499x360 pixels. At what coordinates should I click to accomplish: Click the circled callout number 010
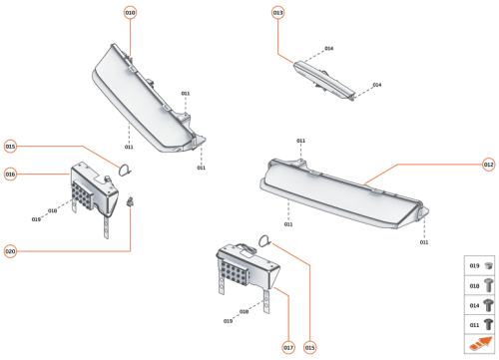[131, 12]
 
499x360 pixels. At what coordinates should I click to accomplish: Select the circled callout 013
[277, 12]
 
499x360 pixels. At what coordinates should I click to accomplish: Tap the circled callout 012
[488, 164]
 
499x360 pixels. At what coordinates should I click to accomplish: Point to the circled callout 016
[10, 174]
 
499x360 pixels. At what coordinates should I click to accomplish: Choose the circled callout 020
[10, 250]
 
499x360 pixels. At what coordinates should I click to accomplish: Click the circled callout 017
[288, 347]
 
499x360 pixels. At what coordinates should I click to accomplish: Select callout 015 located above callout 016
[10, 146]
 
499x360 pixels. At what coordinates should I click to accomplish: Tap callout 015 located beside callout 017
[310, 347]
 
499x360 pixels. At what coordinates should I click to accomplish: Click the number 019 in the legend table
[475, 266]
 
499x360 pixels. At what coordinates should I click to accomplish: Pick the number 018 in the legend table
[475, 286]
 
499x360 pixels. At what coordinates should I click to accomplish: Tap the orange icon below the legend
[480, 345]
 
